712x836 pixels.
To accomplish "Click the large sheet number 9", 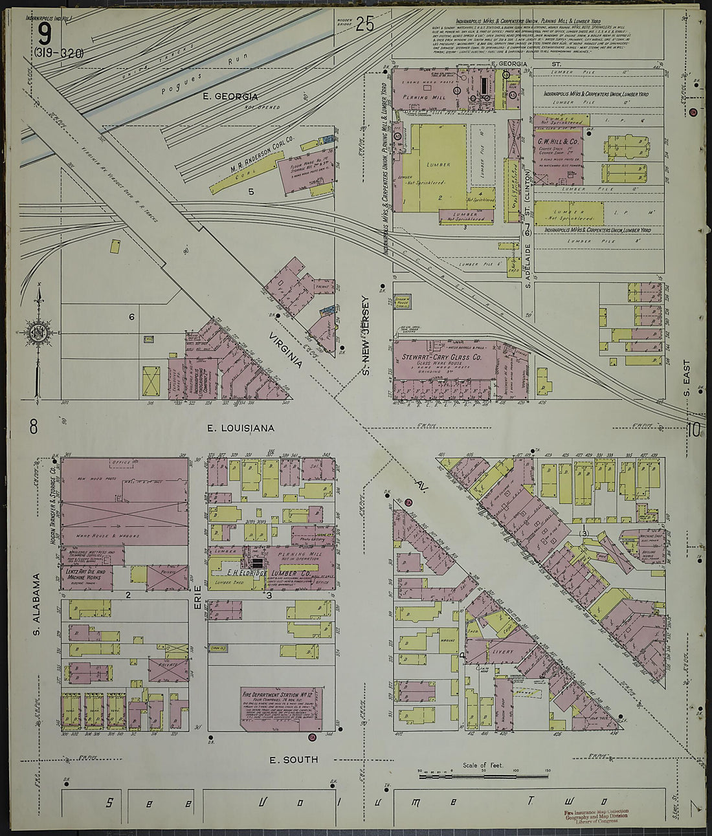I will pos(43,34).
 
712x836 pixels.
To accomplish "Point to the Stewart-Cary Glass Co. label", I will pos(441,357).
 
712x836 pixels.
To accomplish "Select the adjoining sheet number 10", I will pos(695,430).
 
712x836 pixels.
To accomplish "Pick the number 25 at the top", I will pos(364,25).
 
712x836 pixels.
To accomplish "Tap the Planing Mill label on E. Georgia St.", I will pos(420,97).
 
